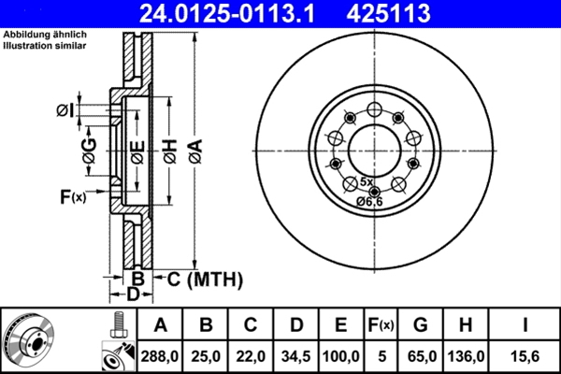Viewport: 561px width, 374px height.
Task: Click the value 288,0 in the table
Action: click(x=160, y=356)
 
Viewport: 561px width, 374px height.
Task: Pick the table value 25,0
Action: click(x=206, y=356)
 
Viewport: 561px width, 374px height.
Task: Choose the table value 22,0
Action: click(x=251, y=356)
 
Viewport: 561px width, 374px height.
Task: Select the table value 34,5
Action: click(x=296, y=356)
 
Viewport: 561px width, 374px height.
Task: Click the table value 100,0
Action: click(x=341, y=356)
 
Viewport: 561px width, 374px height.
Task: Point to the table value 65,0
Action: click(x=421, y=356)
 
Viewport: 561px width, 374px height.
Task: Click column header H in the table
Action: click(x=466, y=325)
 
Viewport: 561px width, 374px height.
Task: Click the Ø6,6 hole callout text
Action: click(x=368, y=202)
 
